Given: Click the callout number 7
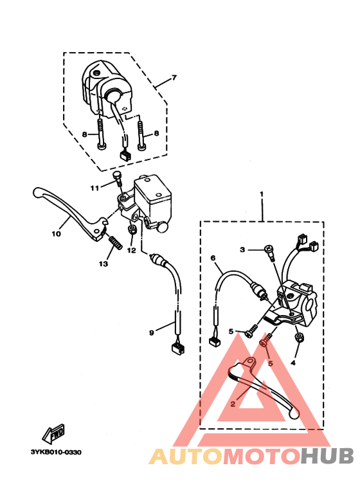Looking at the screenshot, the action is click(x=174, y=78).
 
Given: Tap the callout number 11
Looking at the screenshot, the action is click(x=94, y=188).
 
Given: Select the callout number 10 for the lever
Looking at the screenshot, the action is click(x=56, y=234).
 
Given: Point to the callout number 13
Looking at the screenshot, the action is click(x=104, y=264).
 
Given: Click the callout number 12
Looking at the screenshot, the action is click(x=131, y=250).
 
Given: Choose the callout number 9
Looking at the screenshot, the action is click(x=152, y=333).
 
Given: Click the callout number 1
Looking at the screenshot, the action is click(x=262, y=194).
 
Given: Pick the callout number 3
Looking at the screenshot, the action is click(x=242, y=249).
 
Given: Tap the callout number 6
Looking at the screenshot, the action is click(x=213, y=258).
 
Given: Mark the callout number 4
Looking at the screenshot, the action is click(x=293, y=363).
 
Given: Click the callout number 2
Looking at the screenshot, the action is click(x=233, y=404).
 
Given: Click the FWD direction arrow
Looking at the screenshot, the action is click(x=54, y=433).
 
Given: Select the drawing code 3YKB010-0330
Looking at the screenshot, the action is click(x=56, y=452).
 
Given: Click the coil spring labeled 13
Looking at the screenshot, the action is click(x=115, y=243).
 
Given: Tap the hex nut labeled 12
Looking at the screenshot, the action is click(x=132, y=229).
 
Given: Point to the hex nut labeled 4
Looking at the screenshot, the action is click(x=298, y=338).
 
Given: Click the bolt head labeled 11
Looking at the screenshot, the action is click(x=117, y=175).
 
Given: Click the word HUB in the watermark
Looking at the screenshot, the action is click(x=327, y=456).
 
